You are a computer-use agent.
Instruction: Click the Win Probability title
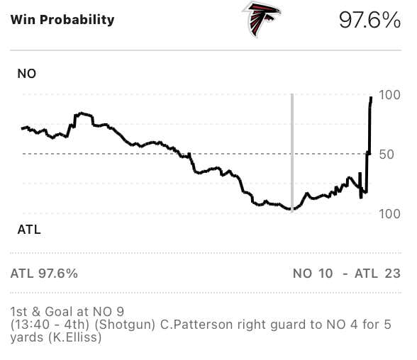pyautogui.click(x=62, y=20)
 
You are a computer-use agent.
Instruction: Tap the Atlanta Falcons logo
pyautogui.click(x=262, y=19)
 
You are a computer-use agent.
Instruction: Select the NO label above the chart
pyautogui.click(x=26, y=74)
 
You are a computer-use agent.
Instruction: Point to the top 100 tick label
pyautogui.click(x=390, y=95)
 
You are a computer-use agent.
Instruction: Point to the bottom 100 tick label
pyautogui.click(x=390, y=213)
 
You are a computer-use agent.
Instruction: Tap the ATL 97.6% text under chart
pyautogui.click(x=44, y=274)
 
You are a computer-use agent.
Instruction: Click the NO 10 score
pyautogui.click(x=312, y=274)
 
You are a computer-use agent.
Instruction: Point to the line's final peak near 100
pyautogui.click(x=371, y=98)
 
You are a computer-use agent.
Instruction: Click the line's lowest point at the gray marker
pyautogui.click(x=291, y=210)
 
